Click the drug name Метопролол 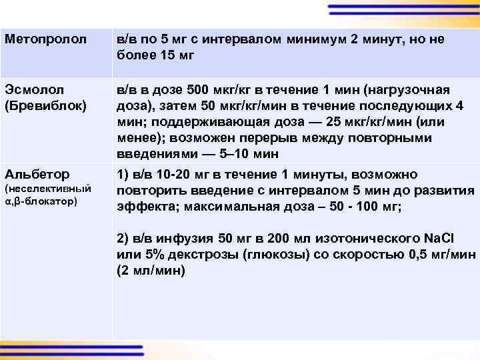click(45, 39)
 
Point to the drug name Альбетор click(37, 175)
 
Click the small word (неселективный click(47, 189)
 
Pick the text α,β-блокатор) click(42, 200)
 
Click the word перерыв click(296, 138)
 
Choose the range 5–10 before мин click(238, 154)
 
